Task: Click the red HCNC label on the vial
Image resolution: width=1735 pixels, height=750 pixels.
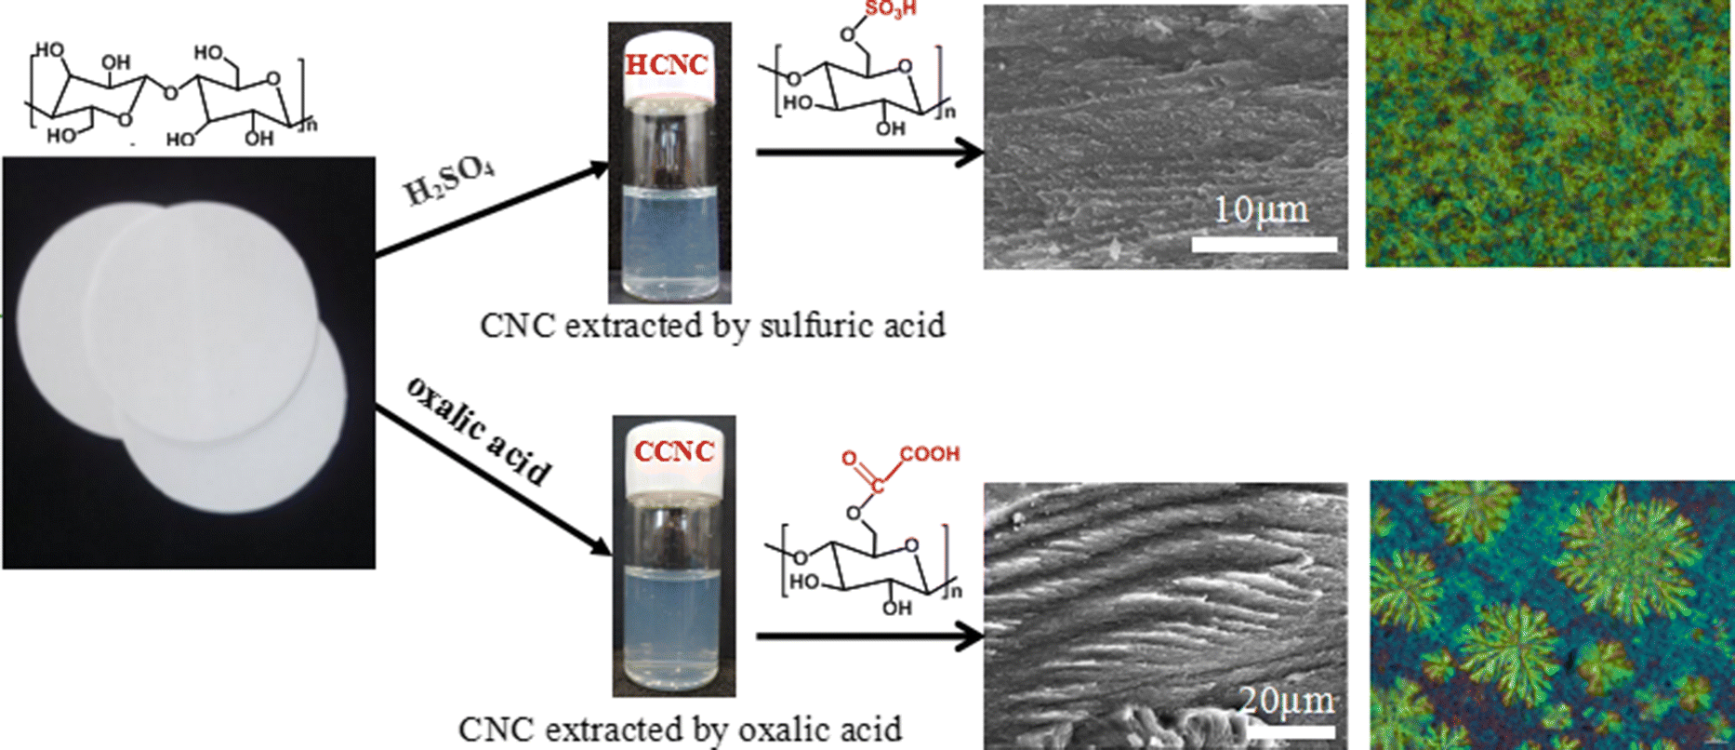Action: pyautogui.click(x=666, y=65)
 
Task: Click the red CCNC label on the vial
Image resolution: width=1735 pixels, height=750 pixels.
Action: pyautogui.click(x=674, y=452)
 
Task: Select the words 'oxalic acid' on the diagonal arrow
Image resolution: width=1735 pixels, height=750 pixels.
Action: pyautogui.click(x=478, y=432)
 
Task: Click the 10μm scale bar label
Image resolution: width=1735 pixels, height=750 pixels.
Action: pyautogui.click(x=1261, y=209)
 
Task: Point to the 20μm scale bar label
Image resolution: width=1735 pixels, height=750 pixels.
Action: pyautogui.click(x=1287, y=700)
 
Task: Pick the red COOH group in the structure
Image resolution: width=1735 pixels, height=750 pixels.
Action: pyautogui.click(x=929, y=454)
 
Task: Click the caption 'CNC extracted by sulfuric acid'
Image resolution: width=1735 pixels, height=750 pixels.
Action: pyautogui.click(x=712, y=326)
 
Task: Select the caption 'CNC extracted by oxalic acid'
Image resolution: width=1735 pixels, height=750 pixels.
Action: pyautogui.click(x=680, y=729)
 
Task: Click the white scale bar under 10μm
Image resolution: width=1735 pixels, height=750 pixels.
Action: pyautogui.click(x=1264, y=245)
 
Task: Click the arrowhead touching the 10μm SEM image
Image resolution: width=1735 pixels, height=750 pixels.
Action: pyautogui.click(x=973, y=152)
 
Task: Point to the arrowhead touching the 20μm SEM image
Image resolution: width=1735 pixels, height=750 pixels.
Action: pyautogui.click(x=973, y=636)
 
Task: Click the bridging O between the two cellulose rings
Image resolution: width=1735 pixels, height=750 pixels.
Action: pyautogui.click(x=168, y=93)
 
